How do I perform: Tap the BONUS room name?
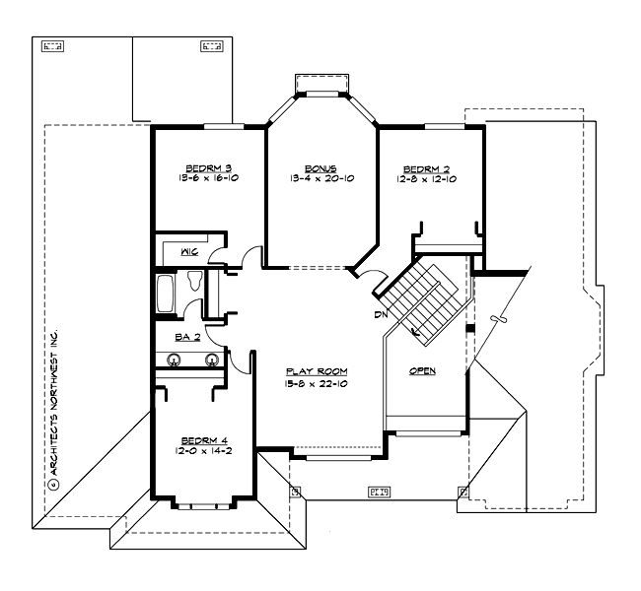point(320,168)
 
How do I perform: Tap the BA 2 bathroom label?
point(187,337)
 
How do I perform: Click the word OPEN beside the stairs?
point(423,370)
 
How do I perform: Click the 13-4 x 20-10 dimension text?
point(320,178)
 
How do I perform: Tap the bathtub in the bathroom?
point(166,293)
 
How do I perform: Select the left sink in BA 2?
point(174,360)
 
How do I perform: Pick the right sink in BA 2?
point(211,360)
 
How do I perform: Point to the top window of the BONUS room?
point(320,95)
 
